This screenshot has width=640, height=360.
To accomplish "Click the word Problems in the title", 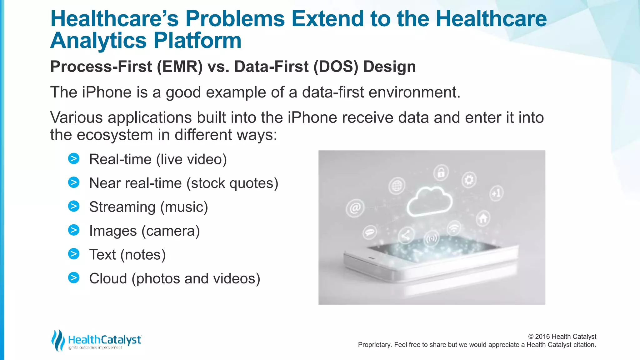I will [x=235, y=19].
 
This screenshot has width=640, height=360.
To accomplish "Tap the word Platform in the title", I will [x=197, y=41].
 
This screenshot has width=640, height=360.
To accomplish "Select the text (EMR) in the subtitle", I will [x=180, y=67].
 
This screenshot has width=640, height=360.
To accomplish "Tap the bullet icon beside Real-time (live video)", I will [x=74, y=159].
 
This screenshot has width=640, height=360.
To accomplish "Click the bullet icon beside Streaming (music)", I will [x=74, y=206].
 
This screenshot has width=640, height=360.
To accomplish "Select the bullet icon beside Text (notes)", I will [x=74, y=254].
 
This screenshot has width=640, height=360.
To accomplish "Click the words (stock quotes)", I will [x=232, y=183].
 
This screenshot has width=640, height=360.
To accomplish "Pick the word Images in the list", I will [x=113, y=231].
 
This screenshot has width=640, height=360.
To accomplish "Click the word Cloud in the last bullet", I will [x=108, y=278].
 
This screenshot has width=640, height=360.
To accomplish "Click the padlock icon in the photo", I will [x=441, y=172].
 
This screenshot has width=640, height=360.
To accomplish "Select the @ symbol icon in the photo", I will [x=355, y=208].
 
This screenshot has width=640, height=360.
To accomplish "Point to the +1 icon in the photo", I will [x=496, y=193].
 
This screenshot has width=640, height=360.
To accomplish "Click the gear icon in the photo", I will [x=469, y=180].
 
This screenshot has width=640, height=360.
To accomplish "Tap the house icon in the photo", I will [x=483, y=218].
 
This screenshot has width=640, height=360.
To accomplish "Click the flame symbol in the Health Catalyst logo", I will [x=58, y=340].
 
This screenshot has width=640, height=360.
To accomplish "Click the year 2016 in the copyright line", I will [x=542, y=337].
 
